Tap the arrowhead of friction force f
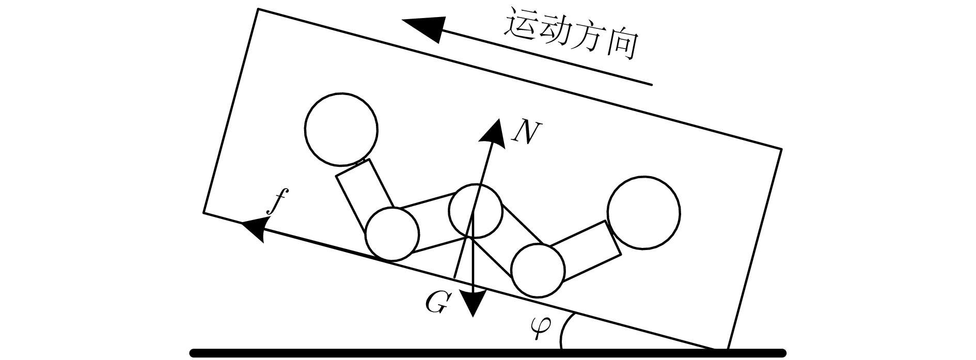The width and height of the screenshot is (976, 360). pos(253,228)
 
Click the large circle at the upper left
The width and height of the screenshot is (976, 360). pos(341,129)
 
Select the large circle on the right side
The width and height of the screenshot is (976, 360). pos(643,213)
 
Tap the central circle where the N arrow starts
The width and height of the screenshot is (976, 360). pos(476,211)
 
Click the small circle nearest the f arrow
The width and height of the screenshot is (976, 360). pos(391,234)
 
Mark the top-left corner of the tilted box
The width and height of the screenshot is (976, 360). pos(259,9)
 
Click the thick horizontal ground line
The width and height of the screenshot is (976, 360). pos(488,353)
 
